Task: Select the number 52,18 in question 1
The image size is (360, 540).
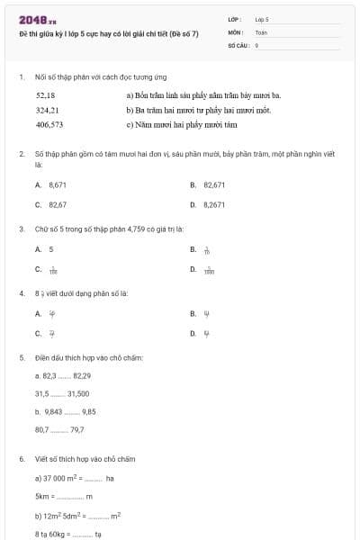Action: tap(45, 94)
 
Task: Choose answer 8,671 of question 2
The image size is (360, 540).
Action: tap(58, 184)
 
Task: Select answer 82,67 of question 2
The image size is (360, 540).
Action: tap(58, 204)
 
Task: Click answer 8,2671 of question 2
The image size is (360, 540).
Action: tap(214, 204)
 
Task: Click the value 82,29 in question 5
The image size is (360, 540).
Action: tap(82, 375)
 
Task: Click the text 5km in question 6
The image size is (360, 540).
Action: tap(41, 496)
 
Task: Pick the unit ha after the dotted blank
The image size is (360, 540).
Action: tap(110, 478)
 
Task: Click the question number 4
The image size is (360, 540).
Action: tap(21, 292)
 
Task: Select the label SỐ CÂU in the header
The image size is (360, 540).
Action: tap(238, 43)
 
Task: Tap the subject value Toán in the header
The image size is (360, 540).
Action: tap(261, 31)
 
